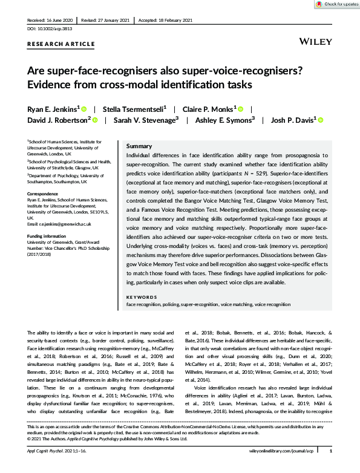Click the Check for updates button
click(x=336, y=4)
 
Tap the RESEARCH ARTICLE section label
click(x=61, y=44)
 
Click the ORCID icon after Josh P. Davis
click(x=321, y=120)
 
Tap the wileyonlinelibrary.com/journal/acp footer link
click(x=284, y=468)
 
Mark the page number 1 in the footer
click(x=330, y=468)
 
